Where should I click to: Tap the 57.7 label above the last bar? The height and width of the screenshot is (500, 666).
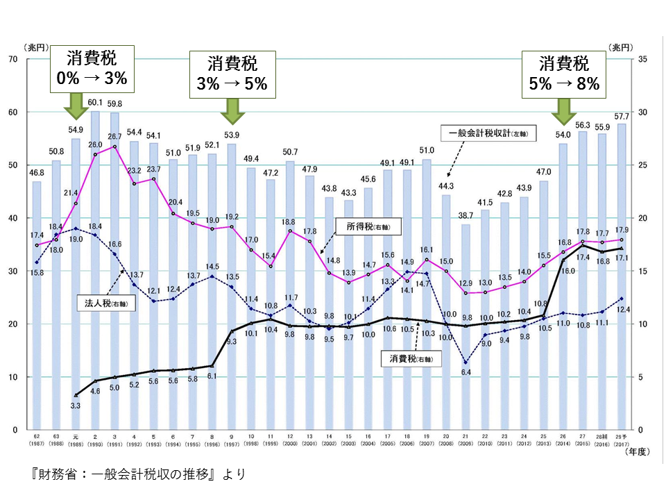622,116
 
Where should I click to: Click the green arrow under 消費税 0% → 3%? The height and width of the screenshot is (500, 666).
76,108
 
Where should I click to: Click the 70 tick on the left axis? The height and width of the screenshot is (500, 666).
12,59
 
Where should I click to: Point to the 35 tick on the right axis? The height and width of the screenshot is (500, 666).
643,59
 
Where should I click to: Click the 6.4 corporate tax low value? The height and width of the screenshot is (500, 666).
466,372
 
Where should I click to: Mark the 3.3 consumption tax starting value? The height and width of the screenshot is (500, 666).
76,405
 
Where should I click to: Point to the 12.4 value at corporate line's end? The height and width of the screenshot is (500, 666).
622,309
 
